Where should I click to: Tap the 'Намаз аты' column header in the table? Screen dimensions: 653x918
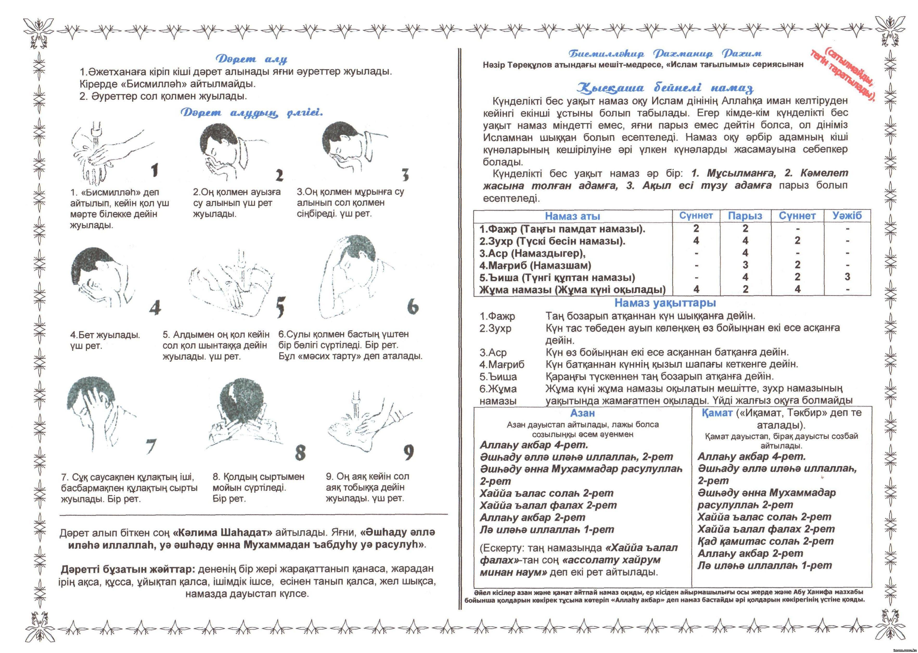coord(572,216)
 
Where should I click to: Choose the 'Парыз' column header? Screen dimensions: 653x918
coord(745,216)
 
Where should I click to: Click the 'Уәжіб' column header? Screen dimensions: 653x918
coord(847,216)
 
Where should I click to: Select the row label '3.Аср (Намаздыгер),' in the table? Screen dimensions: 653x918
coord(532,253)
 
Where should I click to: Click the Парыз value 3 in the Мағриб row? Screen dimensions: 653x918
coord(745,265)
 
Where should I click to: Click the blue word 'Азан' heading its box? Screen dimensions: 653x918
coord(582,413)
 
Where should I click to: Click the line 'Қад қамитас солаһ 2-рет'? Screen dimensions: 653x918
coord(765,541)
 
